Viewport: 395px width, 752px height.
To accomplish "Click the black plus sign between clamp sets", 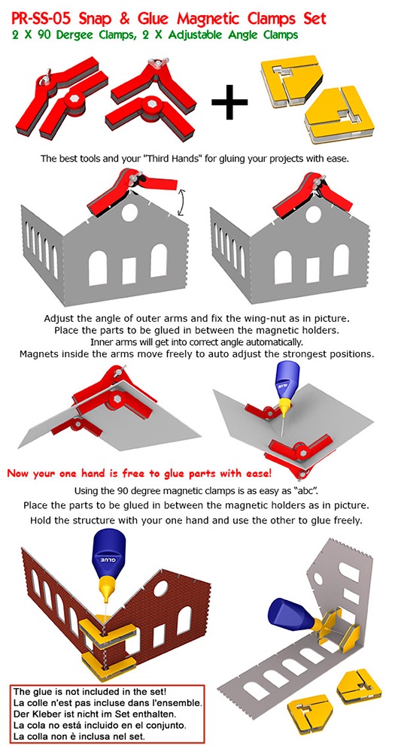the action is point(229,101).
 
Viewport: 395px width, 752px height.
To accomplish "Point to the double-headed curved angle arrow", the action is point(184,203).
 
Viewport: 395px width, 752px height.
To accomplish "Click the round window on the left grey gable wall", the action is point(129,212).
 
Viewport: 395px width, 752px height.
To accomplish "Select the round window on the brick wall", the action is point(161,588).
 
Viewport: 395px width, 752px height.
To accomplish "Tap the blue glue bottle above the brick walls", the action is point(108,562).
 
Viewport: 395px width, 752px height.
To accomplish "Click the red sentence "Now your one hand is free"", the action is point(140,474).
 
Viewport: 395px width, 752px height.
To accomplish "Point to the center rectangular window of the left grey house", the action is point(129,271).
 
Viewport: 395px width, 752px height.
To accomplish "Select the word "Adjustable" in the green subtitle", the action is point(201,35).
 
